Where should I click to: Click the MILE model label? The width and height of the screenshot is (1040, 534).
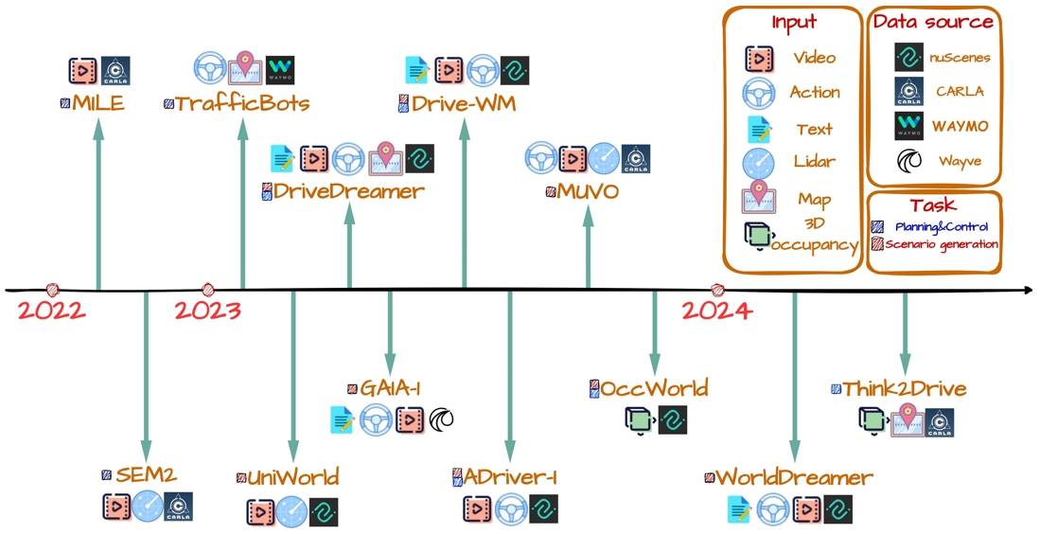(x=98, y=103)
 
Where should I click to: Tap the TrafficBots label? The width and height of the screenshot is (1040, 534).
(x=242, y=103)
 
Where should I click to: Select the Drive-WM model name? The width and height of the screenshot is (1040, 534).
(x=463, y=103)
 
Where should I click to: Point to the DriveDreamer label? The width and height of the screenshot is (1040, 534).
(x=349, y=191)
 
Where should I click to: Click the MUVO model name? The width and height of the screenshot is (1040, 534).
(x=588, y=191)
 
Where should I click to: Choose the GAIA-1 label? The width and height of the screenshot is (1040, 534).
(x=390, y=388)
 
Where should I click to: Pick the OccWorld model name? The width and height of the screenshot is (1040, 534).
(x=654, y=387)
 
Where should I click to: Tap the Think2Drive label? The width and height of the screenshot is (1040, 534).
(x=905, y=388)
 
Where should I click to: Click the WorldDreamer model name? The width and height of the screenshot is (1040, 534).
(x=794, y=477)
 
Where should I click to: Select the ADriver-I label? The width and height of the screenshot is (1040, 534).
(x=509, y=477)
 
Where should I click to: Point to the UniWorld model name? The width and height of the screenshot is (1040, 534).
(x=292, y=477)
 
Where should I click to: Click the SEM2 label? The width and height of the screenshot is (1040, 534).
(x=146, y=475)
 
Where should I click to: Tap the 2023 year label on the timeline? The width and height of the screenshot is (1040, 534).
(x=208, y=311)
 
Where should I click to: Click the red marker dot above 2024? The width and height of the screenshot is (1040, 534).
(x=717, y=290)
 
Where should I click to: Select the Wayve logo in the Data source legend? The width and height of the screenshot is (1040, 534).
(x=908, y=161)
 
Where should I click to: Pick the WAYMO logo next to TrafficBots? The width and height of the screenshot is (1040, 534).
(x=280, y=70)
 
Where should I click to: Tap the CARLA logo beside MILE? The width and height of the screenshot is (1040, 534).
(x=115, y=70)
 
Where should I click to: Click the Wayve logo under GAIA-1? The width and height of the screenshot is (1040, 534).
(x=441, y=419)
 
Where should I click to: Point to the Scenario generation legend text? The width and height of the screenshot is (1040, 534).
(x=942, y=244)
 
